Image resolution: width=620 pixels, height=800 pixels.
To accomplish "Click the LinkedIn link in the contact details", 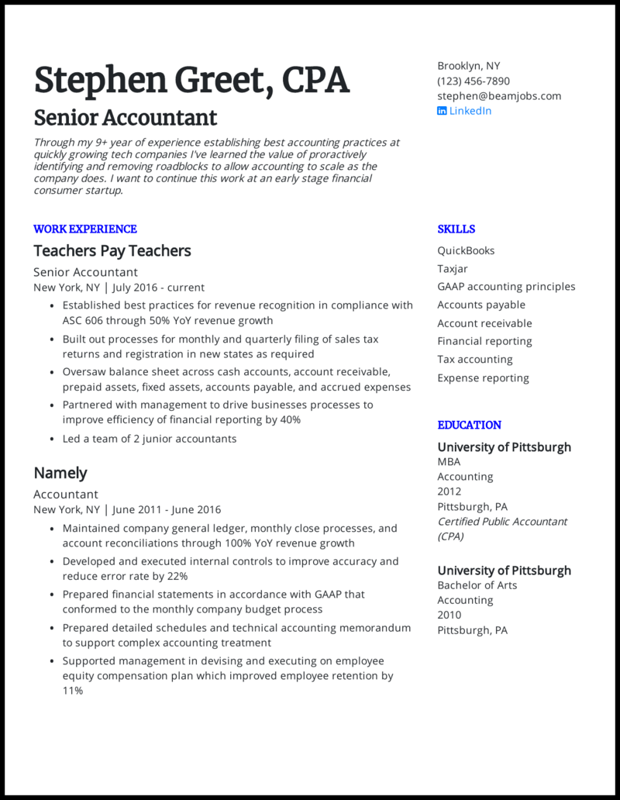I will [470, 111].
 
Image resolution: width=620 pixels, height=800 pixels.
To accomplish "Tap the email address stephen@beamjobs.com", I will [499, 96].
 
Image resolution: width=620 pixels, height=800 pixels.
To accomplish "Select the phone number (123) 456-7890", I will [474, 81].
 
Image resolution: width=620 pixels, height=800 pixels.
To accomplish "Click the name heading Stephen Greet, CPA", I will [191, 81].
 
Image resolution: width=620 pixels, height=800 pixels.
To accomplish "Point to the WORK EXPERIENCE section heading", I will [85, 229].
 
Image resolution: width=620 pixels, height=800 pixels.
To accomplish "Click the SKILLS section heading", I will [456, 229].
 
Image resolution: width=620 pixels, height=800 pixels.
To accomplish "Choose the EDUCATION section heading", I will [469, 425].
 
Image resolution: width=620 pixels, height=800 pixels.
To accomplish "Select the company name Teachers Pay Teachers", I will [112, 251].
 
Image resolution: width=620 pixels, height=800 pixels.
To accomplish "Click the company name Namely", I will [60, 473].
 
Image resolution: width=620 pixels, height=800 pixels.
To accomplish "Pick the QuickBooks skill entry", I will [466, 251].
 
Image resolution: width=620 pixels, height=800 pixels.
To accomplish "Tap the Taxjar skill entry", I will [453, 269].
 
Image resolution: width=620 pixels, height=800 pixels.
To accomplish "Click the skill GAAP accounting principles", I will [506, 287].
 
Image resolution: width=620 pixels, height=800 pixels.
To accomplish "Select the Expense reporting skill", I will [483, 378].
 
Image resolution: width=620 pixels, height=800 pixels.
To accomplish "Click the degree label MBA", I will [449, 462].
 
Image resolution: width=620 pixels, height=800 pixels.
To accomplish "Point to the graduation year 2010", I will [449, 616].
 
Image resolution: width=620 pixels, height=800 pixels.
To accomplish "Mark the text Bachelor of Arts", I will [477, 585].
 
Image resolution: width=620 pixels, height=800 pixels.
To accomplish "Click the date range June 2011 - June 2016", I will [167, 510].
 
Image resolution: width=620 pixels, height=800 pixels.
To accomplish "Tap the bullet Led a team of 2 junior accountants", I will [150, 439].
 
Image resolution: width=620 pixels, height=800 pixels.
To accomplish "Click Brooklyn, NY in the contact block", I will [468, 66].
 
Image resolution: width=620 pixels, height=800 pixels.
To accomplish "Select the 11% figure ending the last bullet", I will [73, 691].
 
